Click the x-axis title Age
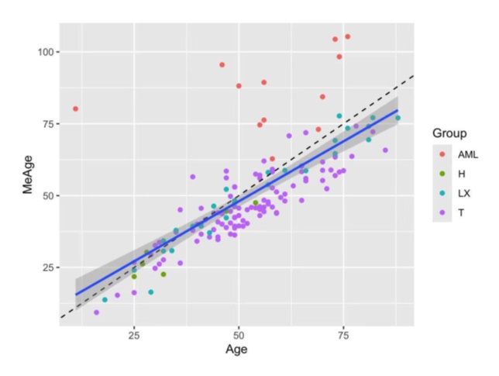click(x=236, y=350)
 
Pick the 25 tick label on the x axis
click(x=134, y=334)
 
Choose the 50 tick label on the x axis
click(x=239, y=334)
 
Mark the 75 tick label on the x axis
click(x=343, y=334)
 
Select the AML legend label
click(x=468, y=154)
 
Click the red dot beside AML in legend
click(x=442, y=154)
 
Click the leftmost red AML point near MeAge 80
click(x=75, y=109)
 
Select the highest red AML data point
click(x=347, y=36)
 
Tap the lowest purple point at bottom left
click(x=96, y=312)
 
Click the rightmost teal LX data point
click(x=397, y=118)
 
